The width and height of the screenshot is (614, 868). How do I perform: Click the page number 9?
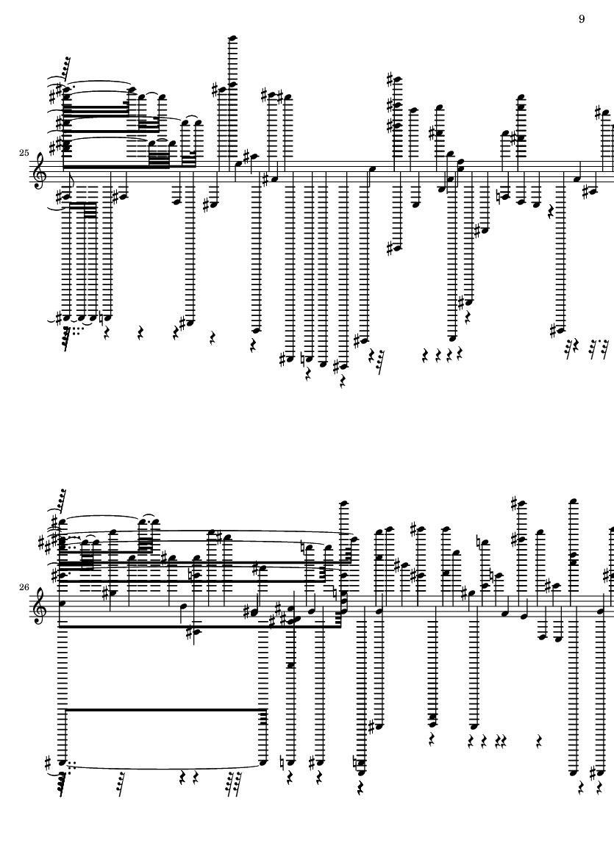(x=582, y=19)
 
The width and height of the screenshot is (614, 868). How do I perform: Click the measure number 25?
(x=24, y=153)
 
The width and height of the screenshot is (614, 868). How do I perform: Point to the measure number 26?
(x=24, y=587)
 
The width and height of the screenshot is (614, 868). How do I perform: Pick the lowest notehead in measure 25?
(x=344, y=366)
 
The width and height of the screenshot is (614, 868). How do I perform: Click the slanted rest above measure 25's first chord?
(x=65, y=66)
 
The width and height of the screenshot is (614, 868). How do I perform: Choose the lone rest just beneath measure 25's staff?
(x=550, y=210)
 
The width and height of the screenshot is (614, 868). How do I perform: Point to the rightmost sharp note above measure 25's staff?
(x=604, y=113)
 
